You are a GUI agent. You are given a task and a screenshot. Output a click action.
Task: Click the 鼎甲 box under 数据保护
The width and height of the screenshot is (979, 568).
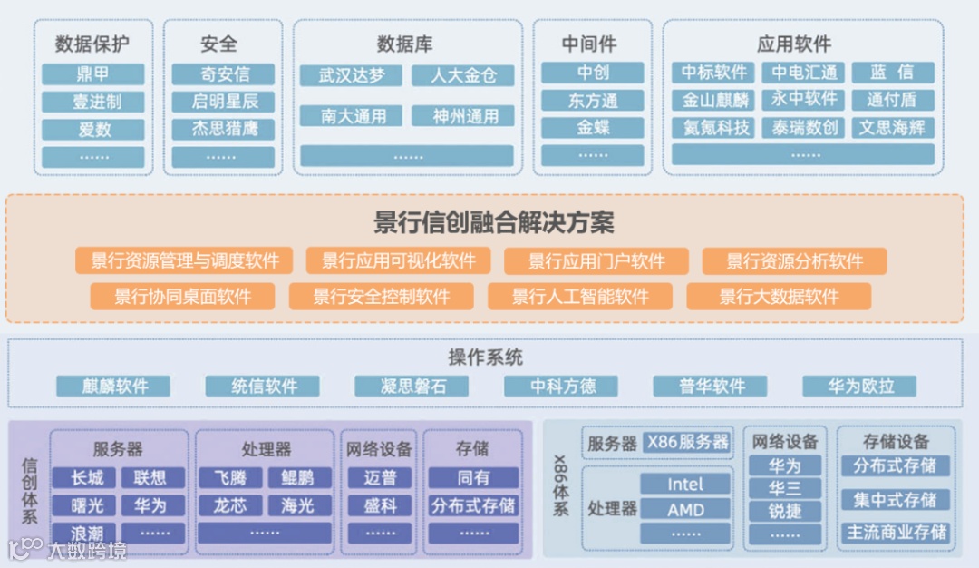92,73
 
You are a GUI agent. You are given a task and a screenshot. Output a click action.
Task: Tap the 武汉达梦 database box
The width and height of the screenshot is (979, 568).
354,75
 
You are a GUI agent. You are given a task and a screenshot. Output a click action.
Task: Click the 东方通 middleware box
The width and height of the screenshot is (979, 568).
593,101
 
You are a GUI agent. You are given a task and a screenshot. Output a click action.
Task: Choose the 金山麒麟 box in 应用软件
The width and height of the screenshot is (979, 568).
715,100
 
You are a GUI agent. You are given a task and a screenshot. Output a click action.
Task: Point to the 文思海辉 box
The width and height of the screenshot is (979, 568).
892,127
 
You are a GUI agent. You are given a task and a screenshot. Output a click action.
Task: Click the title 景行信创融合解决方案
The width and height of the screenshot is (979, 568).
494,222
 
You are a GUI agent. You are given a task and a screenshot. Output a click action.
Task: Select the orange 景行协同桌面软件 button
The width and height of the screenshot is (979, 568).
183,296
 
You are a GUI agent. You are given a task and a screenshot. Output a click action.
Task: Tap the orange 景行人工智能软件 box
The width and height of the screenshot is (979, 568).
580,296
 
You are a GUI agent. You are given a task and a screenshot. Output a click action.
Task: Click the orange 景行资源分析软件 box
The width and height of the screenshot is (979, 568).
794,261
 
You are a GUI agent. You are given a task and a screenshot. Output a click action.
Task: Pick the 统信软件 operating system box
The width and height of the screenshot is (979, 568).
264,386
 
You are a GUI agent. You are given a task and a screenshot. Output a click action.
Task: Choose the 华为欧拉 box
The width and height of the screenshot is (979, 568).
859,386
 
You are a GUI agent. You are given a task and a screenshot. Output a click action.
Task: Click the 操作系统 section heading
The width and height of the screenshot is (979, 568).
486,357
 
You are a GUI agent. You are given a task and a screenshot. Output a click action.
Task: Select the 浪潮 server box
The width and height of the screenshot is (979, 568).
87,533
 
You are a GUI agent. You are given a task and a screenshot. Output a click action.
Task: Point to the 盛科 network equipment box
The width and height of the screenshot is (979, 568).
380,504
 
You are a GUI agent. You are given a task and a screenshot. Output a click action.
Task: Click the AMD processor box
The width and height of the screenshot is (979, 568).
686,510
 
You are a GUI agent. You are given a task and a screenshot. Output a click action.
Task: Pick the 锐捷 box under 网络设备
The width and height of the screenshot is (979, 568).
785,511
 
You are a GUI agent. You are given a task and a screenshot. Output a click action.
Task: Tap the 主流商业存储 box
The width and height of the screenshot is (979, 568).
896,532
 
